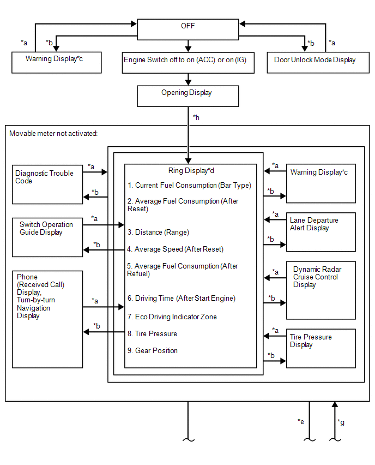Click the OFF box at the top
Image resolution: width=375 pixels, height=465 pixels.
click(x=188, y=29)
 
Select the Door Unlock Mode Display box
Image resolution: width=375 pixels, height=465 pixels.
click(x=318, y=63)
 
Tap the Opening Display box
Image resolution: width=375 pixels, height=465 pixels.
click(x=188, y=96)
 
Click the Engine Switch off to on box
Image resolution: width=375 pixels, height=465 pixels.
click(x=188, y=63)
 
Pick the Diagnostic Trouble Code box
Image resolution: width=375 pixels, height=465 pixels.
click(x=47, y=184)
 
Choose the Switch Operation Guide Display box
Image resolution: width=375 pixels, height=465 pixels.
click(x=47, y=237)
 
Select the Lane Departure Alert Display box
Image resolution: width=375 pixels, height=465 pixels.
click(x=321, y=232)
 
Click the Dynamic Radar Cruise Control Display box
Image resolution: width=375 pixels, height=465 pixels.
click(x=321, y=290)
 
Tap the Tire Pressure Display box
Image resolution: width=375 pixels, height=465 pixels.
click(x=321, y=348)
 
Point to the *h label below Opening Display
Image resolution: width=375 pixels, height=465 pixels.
click(x=196, y=117)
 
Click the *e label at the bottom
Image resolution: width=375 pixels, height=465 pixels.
click(x=301, y=421)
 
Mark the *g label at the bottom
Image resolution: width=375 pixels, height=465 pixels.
click(x=341, y=422)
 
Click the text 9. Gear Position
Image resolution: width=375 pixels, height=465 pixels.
click(x=153, y=350)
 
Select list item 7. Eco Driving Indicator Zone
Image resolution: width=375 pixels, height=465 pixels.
click(x=172, y=317)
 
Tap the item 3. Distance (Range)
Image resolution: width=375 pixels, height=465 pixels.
click(x=158, y=232)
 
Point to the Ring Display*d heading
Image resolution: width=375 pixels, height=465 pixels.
click(x=191, y=170)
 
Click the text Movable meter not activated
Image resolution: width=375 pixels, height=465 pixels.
click(x=53, y=134)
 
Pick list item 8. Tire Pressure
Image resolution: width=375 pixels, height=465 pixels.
click(x=152, y=333)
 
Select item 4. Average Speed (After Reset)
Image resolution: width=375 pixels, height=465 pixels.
click(x=175, y=249)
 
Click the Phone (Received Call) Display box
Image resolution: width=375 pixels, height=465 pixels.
click(x=47, y=319)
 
